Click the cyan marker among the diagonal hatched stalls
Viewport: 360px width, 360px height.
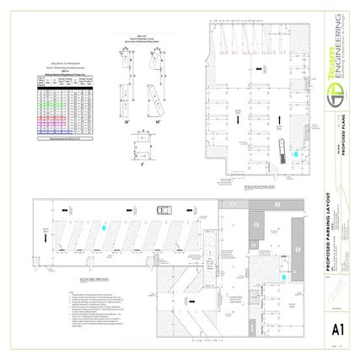pos(104,227)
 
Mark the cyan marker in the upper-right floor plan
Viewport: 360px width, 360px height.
pos(295,156)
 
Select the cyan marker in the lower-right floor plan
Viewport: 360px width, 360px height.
pos(284,275)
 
